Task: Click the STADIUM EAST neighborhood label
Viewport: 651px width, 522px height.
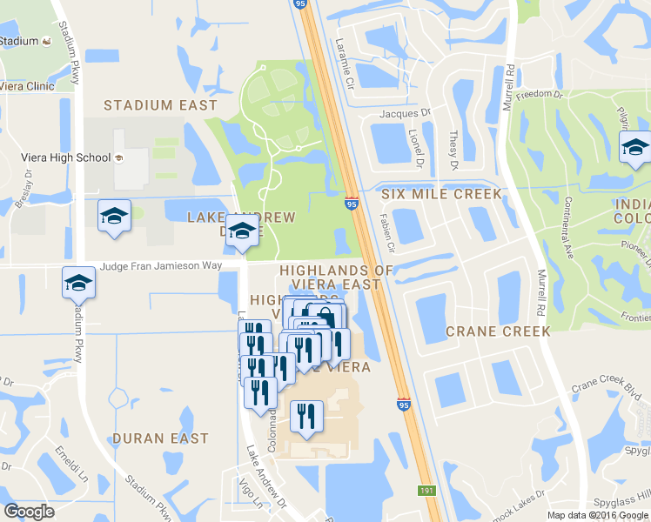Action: [160, 105]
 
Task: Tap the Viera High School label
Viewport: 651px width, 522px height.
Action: [66, 157]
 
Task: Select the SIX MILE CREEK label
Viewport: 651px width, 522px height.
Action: [441, 194]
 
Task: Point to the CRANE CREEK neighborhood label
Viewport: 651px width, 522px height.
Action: [497, 331]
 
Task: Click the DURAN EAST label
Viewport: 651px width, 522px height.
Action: [160, 438]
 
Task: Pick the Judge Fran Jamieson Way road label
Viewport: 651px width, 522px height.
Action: [161, 267]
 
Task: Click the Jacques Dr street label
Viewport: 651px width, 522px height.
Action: [405, 113]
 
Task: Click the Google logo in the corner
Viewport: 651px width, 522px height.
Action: [30, 512]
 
